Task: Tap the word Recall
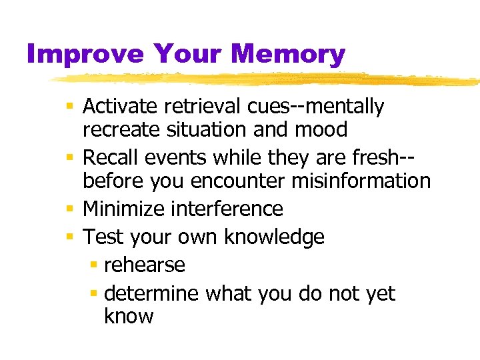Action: [111, 157]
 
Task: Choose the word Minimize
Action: [125, 209]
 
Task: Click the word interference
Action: [227, 209]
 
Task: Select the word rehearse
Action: [145, 265]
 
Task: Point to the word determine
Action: [153, 293]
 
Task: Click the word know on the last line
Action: [129, 315]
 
